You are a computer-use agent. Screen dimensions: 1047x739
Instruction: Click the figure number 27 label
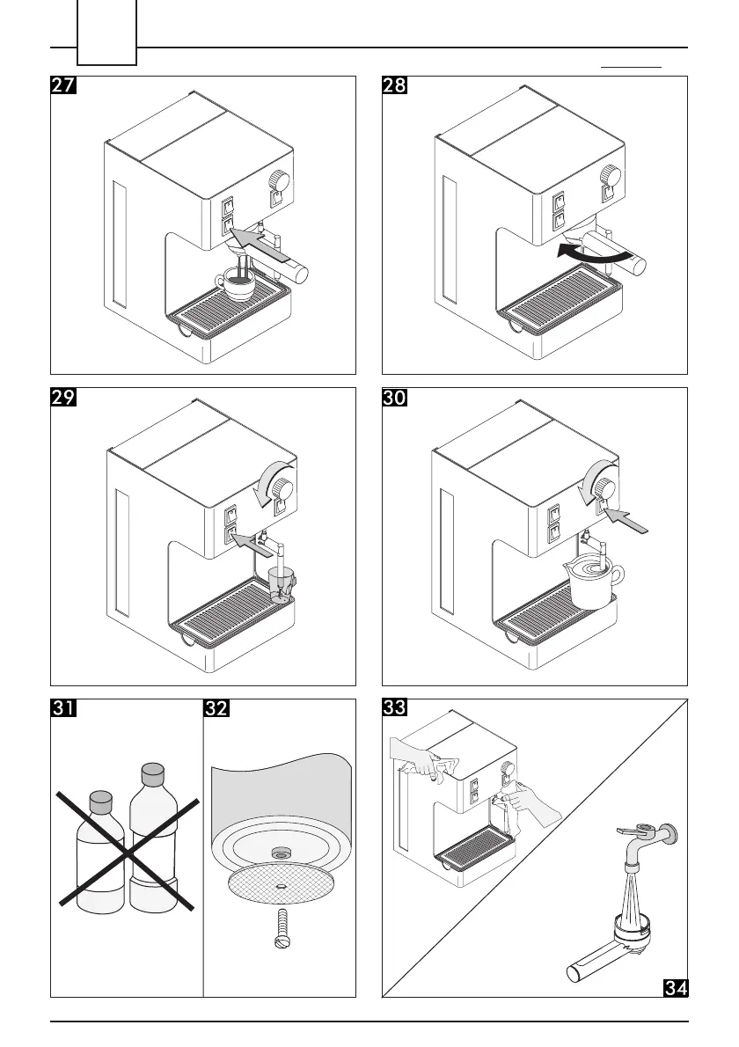pyautogui.click(x=62, y=85)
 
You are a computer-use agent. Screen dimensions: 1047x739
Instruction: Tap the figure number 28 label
pyautogui.click(x=394, y=85)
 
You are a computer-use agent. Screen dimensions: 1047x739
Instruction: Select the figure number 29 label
pyautogui.click(x=62, y=398)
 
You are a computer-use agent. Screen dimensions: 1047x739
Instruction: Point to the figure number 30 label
pyautogui.click(x=394, y=398)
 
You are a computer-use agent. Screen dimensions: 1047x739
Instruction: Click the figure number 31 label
pyautogui.click(x=62, y=709)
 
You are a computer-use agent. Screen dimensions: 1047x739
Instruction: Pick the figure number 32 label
pyautogui.click(x=216, y=709)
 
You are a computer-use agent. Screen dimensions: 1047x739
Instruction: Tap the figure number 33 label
pyautogui.click(x=394, y=709)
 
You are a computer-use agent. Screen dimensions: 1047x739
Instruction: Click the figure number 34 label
pyautogui.click(x=674, y=987)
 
